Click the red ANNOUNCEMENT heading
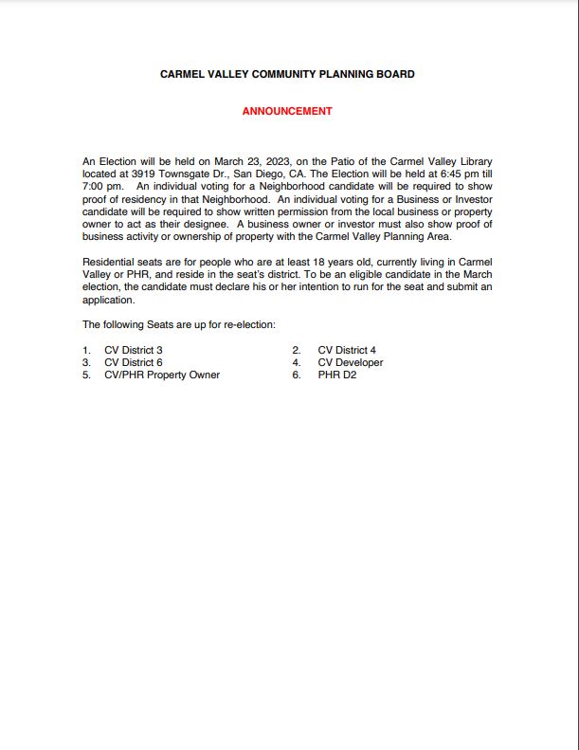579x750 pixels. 287,111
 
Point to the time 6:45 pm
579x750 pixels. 453,174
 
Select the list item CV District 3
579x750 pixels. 134,350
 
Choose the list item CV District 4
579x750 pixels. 347,350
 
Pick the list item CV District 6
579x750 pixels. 134,362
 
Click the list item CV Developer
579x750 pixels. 351,362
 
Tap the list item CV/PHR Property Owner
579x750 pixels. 162,375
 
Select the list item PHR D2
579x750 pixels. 337,375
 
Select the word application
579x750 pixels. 109,299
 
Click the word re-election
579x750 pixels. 248,325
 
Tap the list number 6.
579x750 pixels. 297,375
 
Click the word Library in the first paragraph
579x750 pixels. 473,162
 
